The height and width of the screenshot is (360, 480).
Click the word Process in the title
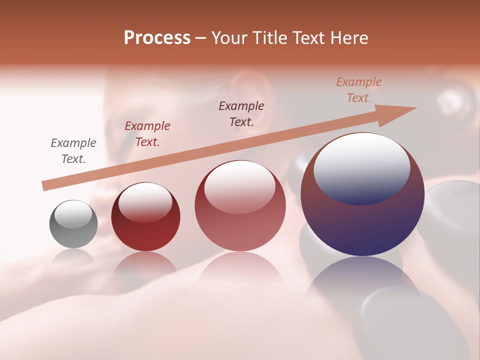(157, 38)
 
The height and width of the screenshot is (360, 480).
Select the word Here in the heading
(350, 38)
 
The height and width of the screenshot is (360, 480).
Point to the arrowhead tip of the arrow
(416, 108)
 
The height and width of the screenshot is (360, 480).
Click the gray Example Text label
(73, 151)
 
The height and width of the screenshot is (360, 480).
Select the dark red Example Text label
(147, 134)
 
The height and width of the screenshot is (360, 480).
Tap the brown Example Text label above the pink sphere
(241, 113)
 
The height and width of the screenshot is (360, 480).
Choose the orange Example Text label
(359, 90)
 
